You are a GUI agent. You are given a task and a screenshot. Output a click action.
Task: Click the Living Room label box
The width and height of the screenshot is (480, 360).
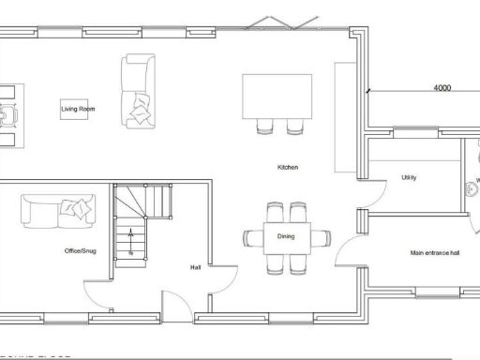[79, 110]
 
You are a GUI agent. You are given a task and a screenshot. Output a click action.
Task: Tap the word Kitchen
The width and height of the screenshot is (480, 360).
[287, 167]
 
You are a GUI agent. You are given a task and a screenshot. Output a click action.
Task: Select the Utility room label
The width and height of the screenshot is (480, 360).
[408, 177]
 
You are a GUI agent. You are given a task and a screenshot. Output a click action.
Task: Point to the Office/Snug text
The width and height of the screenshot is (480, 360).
[80, 251]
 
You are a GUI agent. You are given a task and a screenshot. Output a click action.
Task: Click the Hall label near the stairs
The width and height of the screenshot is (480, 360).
[195, 267]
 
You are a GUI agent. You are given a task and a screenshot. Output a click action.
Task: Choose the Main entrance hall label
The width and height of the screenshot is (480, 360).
[435, 253]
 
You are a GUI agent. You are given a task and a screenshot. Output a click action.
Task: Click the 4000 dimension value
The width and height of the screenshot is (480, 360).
[442, 88]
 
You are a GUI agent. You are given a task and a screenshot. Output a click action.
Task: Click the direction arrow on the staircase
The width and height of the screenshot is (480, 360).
[130, 240]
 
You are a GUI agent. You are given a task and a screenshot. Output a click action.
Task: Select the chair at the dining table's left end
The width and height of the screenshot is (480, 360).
[253, 236]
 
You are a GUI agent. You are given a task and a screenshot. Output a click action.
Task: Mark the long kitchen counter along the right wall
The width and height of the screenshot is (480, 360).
[344, 117]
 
